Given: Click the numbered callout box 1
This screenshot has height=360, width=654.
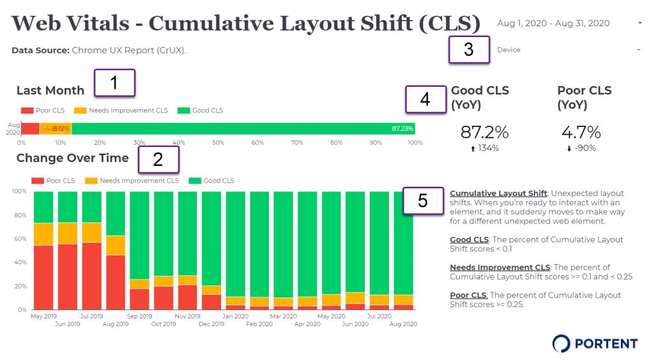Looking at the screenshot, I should (x=115, y=83).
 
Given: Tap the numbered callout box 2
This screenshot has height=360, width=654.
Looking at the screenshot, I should (x=158, y=159).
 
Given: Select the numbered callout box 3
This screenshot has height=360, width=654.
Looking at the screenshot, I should (x=469, y=49).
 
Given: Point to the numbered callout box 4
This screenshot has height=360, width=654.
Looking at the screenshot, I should (x=425, y=99).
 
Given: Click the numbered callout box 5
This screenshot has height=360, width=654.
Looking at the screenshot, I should (x=423, y=200).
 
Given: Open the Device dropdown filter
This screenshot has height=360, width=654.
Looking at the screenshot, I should (x=568, y=50).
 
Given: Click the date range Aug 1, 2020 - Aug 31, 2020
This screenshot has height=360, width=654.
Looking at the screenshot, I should (x=553, y=24).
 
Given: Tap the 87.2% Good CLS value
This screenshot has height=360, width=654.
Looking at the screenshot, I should (x=484, y=133).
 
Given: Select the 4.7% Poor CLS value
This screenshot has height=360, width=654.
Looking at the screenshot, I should (x=581, y=133).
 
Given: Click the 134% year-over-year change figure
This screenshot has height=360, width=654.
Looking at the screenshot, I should (x=488, y=149).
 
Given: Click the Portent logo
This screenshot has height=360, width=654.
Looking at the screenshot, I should (x=595, y=343).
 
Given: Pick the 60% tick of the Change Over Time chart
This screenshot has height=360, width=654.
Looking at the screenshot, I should (x=19, y=239).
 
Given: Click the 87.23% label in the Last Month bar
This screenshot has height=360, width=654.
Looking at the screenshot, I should (x=402, y=128).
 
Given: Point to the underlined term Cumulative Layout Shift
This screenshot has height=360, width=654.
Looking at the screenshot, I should (x=498, y=193).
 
